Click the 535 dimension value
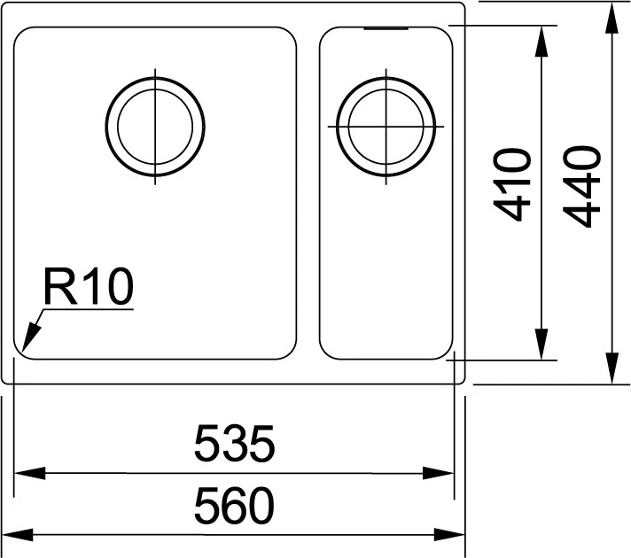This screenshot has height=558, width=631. tap(234, 444)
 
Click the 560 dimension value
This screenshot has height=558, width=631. tap(234, 507)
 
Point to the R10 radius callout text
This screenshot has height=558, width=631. tap(89, 288)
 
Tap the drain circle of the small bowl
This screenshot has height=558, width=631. tap(387, 126)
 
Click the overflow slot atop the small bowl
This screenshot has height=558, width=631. tap(385, 28)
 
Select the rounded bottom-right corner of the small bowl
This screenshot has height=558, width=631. tap(446, 351)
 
